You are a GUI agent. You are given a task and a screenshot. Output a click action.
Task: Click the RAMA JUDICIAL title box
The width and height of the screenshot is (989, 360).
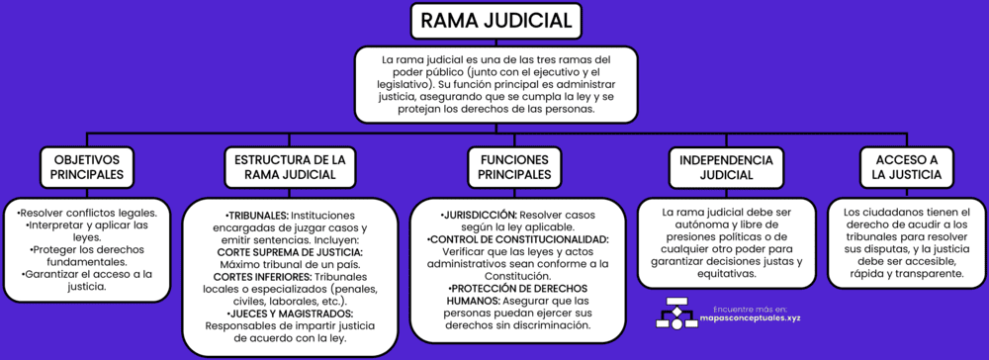(x=494, y=21)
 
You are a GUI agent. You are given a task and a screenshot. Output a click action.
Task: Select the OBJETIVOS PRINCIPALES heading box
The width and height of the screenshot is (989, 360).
(x=87, y=167)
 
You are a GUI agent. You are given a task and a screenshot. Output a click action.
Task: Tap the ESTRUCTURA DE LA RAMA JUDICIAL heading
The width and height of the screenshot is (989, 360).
(x=289, y=167)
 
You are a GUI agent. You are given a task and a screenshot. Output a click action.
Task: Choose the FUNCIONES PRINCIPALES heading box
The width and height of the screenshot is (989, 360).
(x=514, y=167)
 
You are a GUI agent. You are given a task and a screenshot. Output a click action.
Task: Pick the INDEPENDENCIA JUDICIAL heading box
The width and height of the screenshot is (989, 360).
(x=719, y=167)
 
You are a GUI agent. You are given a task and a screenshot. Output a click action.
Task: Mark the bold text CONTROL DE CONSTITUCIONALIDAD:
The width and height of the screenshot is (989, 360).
(x=517, y=239)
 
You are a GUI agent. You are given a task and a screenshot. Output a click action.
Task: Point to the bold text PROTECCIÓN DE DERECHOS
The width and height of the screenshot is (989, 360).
(x=518, y=287)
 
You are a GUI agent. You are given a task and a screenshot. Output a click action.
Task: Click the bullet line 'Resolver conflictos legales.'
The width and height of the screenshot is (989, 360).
(x=87, y=213)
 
